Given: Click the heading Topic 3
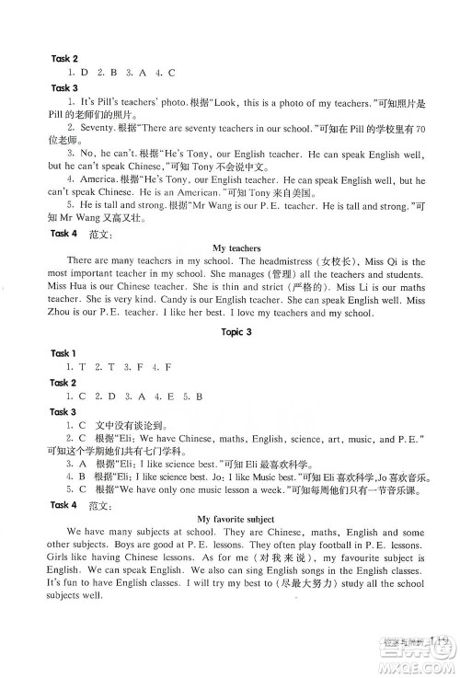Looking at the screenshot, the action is [x=230, y=330].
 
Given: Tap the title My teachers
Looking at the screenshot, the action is [x=231, y=247].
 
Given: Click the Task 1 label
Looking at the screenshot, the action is [x=63, y=353].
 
